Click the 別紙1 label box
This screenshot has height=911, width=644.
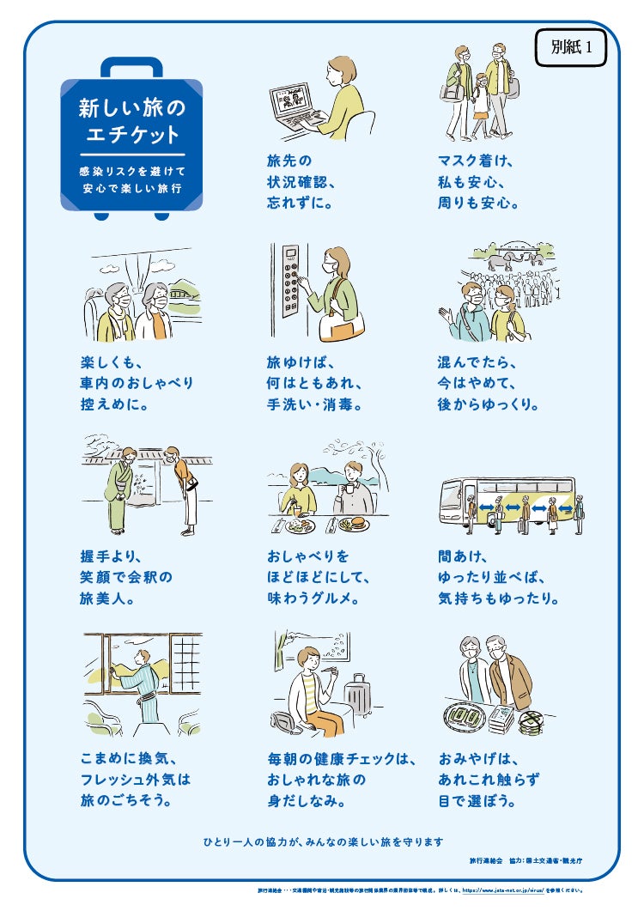tap(570, 48)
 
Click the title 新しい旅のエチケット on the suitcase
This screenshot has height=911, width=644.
tap(131, 121)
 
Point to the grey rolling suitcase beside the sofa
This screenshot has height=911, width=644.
tap(358, 698)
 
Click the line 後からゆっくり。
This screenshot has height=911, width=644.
tap(489, 404)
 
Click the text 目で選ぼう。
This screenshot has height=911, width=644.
tap(477, 801)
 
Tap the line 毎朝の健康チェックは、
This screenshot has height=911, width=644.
tap(341, 759)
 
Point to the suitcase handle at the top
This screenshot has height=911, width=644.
tap(131, 67)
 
